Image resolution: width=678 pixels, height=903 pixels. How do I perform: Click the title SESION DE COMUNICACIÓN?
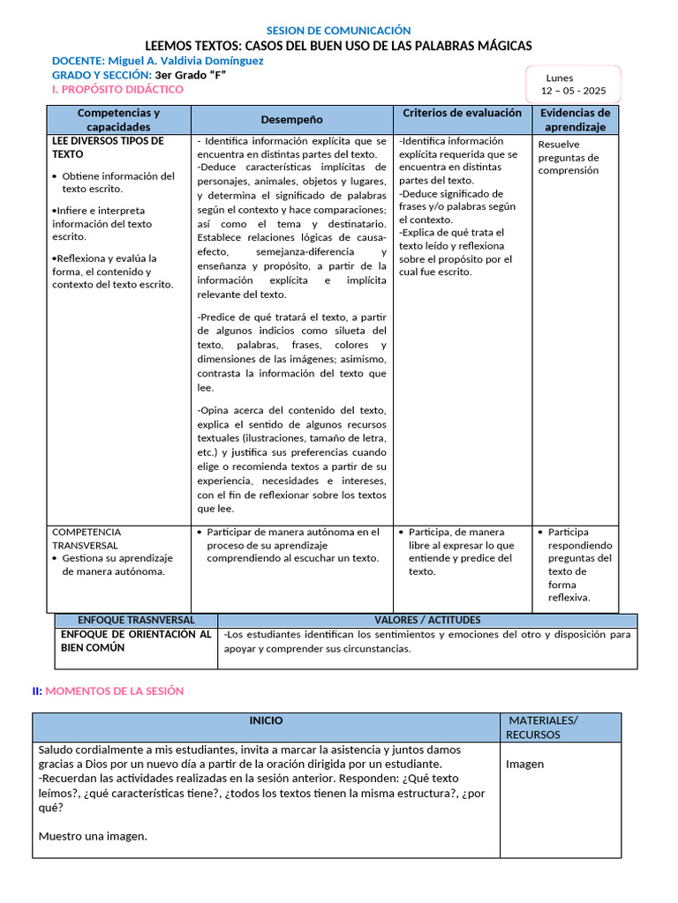pyautogui.click(x=338, y=31)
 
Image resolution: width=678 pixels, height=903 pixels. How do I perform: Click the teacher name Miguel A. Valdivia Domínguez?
pyautogui.click(x=185, y=61)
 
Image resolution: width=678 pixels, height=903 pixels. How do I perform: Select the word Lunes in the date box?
pyautogui.click(x=560, y=78)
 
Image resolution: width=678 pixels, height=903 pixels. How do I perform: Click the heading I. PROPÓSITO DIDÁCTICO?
pyautogui.click(x=117, y=89)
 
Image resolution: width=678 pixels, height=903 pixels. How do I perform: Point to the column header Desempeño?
pyautogui.click(x=291, y=119)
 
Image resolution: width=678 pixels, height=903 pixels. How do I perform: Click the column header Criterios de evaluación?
pyautogui.click(x=463, y=113)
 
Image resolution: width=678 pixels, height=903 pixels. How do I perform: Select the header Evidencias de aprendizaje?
pyautogui.click(x=575, y=120)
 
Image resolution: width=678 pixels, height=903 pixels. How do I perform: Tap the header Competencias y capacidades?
pyautogui.click(x=118, y=120)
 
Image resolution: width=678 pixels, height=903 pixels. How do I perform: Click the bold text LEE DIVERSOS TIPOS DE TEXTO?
pyautogui.click(x=108, y=147)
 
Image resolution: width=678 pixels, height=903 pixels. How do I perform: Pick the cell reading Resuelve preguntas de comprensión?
pyautogui.click(x=569, y=157)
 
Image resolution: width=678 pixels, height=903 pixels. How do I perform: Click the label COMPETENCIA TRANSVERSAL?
pyautogui.click(x=87, y=538)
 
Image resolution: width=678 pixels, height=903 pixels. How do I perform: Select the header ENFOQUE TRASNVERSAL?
pyautogui.click(x=136, y=620)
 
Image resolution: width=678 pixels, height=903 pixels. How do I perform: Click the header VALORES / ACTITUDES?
pyautogui.click(x=427, y=620)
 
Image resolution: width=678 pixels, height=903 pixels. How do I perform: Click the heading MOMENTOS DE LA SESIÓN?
pyautogui.click(x=114, y=690)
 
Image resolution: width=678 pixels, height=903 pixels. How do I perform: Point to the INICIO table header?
pyautogui.click(x=266, y=720)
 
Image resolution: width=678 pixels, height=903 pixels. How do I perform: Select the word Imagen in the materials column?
pyautogui.click(x=524, y=764)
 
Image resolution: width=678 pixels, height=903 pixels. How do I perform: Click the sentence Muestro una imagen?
pyautogui.click(x=93, y=836)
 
